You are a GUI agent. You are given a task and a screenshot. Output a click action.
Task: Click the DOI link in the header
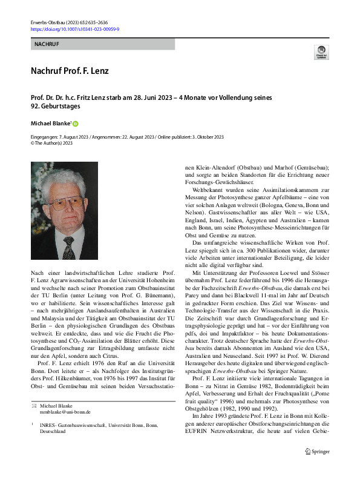click(74, 28)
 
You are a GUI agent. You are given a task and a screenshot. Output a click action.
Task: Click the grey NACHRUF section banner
click(102, 44)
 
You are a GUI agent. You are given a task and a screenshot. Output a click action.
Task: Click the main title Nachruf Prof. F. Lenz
click(70, 71)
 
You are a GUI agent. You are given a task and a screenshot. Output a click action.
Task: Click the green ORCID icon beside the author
click(76, 124)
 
